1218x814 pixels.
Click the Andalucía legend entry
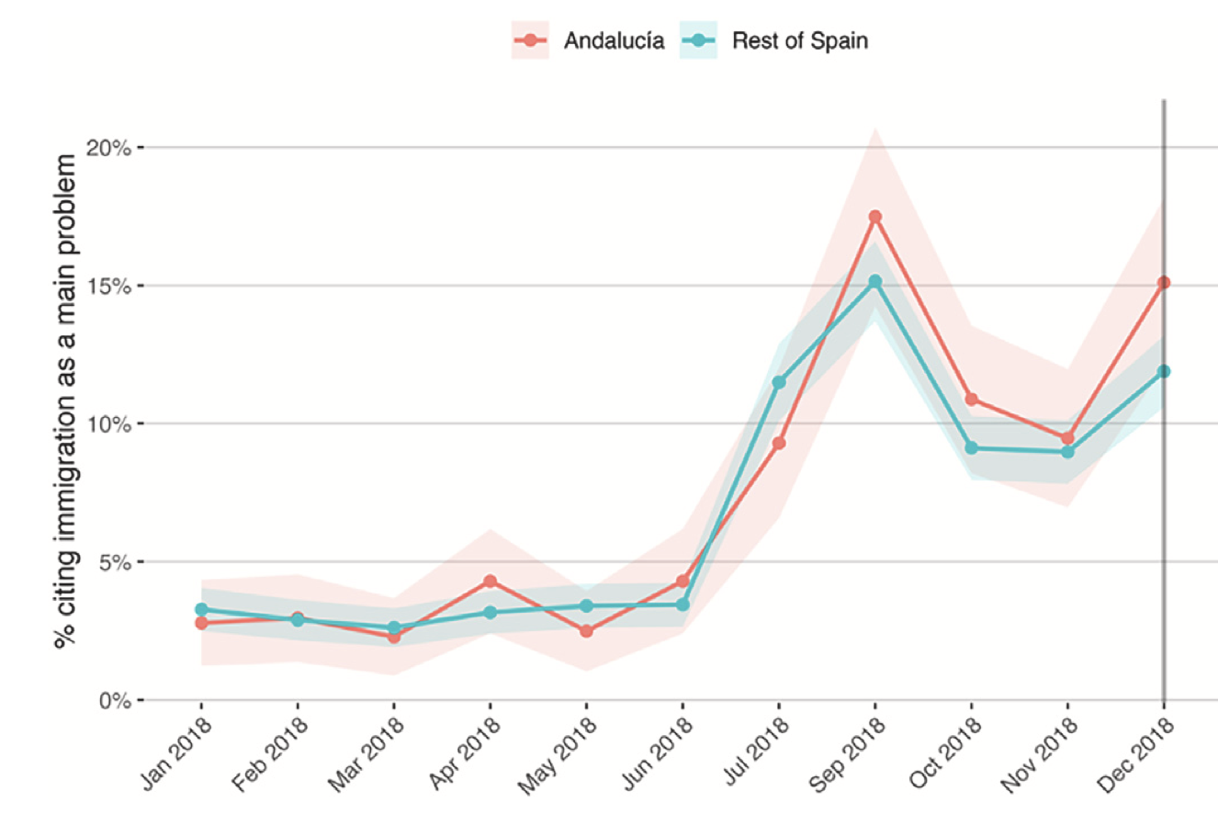point(587,40)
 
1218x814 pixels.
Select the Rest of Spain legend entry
point(773,40)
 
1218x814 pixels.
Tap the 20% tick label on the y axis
point(108,148)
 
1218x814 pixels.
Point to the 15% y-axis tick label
point(108,286)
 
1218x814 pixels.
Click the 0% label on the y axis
point(115,701)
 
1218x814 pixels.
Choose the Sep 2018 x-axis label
point(848,753)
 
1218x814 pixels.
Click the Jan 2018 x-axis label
point(175,753)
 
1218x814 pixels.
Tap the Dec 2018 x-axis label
point(1136,753)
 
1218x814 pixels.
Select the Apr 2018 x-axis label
point(464,753)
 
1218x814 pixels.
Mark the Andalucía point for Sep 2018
point(874,217)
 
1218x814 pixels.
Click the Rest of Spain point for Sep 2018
point(874,281)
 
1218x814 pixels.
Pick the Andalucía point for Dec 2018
point(1164,283)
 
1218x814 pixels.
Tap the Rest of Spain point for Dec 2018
point(1164,372)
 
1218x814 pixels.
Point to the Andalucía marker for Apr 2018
point(490,582)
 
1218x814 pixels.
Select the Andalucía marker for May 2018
point(586,631)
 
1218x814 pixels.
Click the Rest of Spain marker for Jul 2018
point(779,383)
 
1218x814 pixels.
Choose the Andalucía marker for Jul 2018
point(779,443)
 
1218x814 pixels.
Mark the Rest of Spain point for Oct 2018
point(972,448)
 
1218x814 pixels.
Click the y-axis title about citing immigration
point(66,401)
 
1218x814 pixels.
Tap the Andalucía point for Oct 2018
point(972,400)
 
